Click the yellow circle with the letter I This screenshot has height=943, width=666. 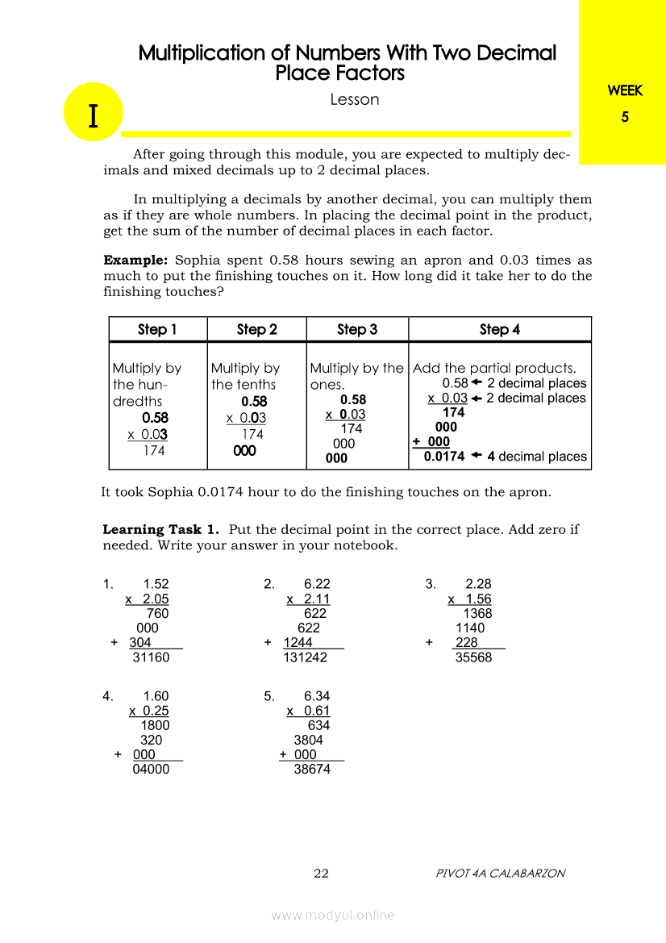(x=94, y=113)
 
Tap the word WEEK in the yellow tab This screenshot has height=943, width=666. (x=625, y=91)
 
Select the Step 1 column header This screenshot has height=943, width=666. (x=157, y=329)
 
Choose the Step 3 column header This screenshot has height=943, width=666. (x=357, y=329)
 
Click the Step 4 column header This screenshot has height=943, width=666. (x=500, y=329)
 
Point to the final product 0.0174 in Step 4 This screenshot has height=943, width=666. (x=444, y=457)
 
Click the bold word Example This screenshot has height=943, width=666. (x=135, y=261)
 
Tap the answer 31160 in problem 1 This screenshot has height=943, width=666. (x=151, y=657)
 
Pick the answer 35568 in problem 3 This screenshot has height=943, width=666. (x=473, y=657)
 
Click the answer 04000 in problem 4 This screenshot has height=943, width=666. (x=151, y=770)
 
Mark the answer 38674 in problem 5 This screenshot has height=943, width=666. (x=312, y=770)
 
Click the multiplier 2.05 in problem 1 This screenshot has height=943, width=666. (x=155, y=599)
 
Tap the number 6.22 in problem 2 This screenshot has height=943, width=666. (x=317, y=585)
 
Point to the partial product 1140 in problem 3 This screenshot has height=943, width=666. (x=470, y=628)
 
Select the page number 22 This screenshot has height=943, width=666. (x=321, y=874)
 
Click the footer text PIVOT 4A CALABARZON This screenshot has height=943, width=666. (x=500, y=874)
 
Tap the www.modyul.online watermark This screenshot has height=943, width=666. (x=333, y=916)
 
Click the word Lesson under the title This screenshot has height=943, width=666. (x=355, y=100)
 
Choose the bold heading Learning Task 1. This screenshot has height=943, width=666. (x=161, y=530)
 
